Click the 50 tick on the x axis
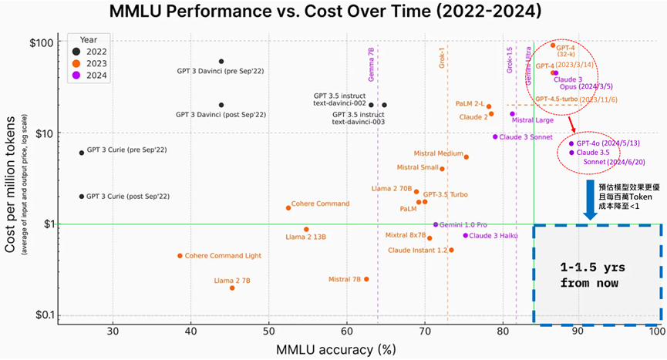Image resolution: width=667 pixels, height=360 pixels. pos(269,331)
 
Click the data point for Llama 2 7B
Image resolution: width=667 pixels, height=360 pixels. pos(232,288)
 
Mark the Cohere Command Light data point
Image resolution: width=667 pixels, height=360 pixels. pos(180,256)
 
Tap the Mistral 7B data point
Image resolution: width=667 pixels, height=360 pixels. pos(366,279)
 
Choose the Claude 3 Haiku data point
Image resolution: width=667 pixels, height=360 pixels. pos(466,235)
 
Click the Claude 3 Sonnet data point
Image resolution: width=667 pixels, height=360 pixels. pos(495,136)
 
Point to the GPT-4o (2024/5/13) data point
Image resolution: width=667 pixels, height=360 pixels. pos(571,143)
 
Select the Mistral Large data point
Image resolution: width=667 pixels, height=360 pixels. pos(513,114)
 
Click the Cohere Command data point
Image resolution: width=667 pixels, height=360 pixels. pos(288,207)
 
